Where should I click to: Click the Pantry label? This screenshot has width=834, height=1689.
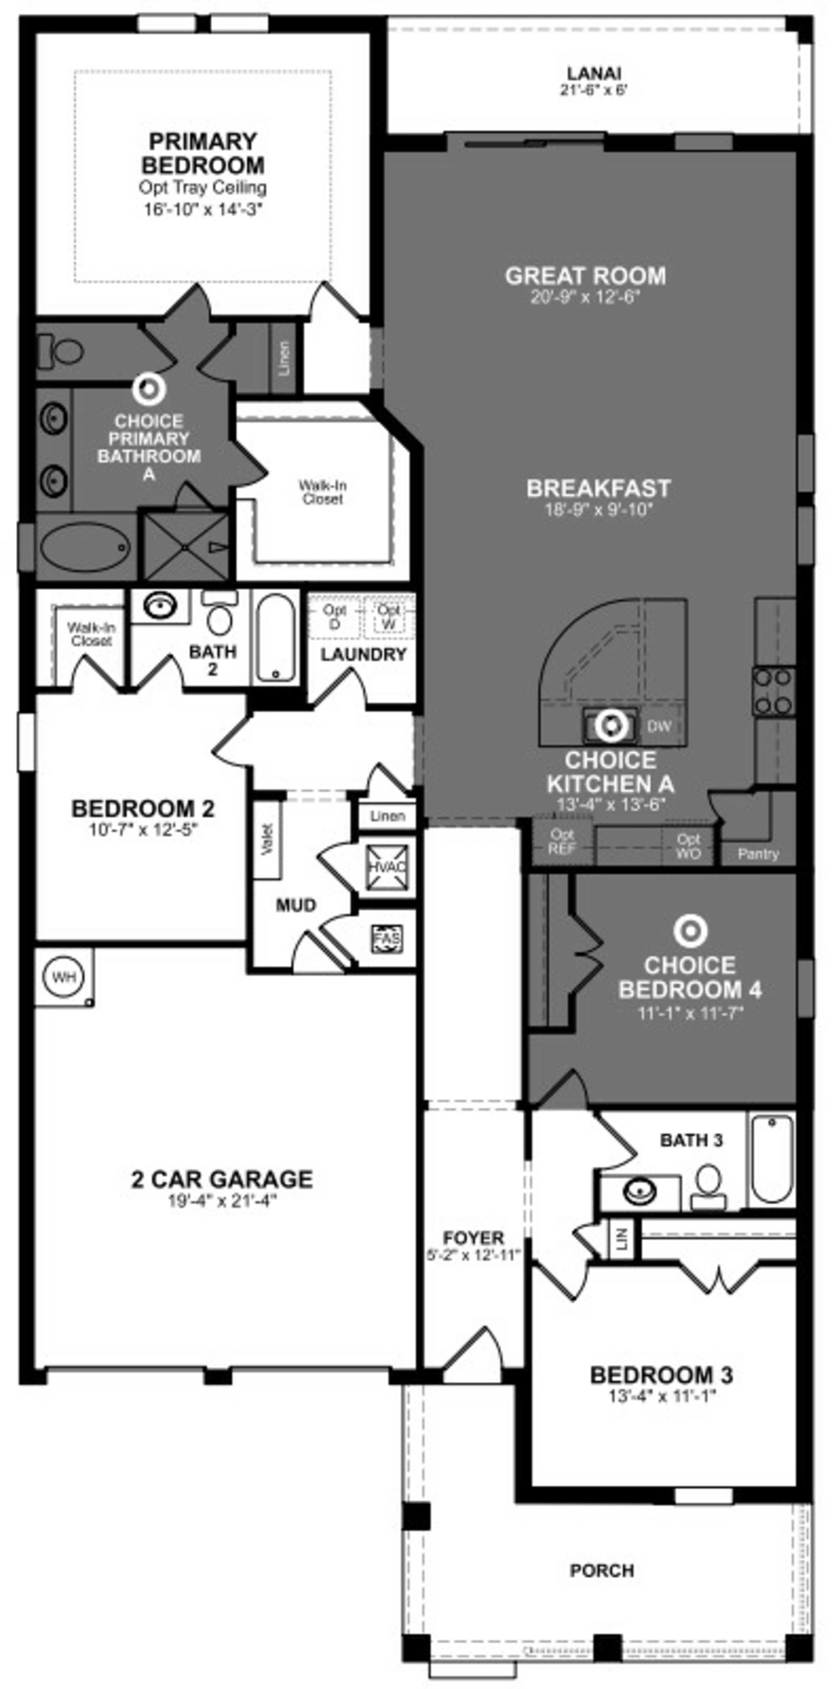click(758, 854)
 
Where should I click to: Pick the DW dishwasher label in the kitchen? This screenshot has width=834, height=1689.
click(659, 726)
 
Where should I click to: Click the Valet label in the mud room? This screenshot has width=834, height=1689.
click(267, 839)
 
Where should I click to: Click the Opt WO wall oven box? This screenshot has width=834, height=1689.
click(688, 846)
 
